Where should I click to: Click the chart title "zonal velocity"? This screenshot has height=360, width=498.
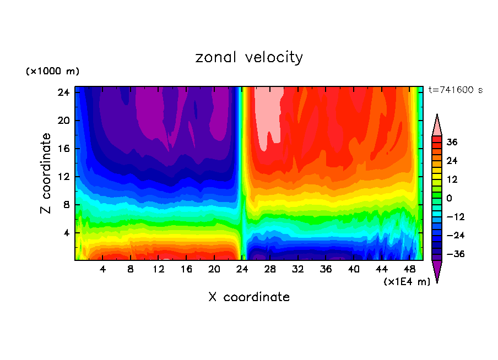(249, 57)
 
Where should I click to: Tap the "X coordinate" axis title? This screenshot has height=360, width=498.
(249, 297)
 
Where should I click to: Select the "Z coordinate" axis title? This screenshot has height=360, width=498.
(46, 173)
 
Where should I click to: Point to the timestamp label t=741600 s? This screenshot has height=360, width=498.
(455, 90)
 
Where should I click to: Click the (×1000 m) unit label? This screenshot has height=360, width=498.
(52, 72)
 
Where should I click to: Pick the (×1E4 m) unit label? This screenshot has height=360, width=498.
(407, 282)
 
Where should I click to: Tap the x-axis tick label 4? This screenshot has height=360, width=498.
(103, 269)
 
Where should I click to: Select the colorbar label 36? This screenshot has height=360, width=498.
(452, 142)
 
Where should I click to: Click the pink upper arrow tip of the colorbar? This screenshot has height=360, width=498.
(437, 125)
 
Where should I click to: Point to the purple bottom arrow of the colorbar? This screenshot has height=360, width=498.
(437, 271)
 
